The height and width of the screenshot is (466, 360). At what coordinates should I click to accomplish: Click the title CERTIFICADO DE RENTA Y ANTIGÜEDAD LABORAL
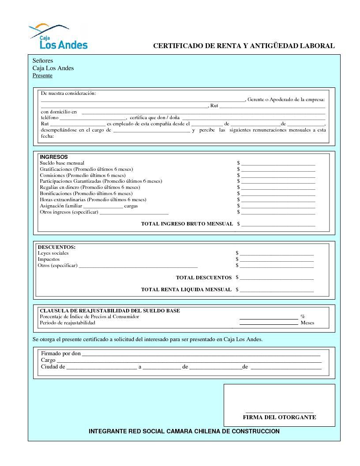click(x=244, y=46)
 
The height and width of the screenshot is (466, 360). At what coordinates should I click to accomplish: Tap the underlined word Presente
click(x=42, y=75)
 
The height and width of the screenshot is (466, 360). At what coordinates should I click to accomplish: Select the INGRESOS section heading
click(x=54, y=157)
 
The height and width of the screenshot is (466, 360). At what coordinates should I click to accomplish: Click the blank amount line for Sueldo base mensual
click(x=278, y=164)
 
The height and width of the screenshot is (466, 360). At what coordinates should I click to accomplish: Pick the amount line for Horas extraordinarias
click(x=278, y=201)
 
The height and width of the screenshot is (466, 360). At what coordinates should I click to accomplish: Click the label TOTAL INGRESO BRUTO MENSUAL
click(x=187, y=224)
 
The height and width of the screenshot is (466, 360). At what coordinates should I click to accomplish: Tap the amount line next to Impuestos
click(x=277, y=260)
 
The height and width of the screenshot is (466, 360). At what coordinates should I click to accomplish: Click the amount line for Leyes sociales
click(x=277, y=254)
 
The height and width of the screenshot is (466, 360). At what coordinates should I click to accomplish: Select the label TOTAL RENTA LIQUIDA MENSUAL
click(x=186, y=289)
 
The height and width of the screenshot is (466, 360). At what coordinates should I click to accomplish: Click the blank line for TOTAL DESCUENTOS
click(x=277, y=279)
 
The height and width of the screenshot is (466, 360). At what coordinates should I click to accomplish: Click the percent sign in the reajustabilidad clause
click(x=303, y=316)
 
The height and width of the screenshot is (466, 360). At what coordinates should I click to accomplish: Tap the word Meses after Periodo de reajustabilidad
click(x=307, y=323)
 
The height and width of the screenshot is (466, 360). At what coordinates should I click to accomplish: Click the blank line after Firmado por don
click(x=201, y=355)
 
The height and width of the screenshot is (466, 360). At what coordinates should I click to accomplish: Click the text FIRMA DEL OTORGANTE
click(x=279, y=417)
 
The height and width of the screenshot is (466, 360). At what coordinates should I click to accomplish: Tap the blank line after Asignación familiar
click(x=103, y=207)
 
